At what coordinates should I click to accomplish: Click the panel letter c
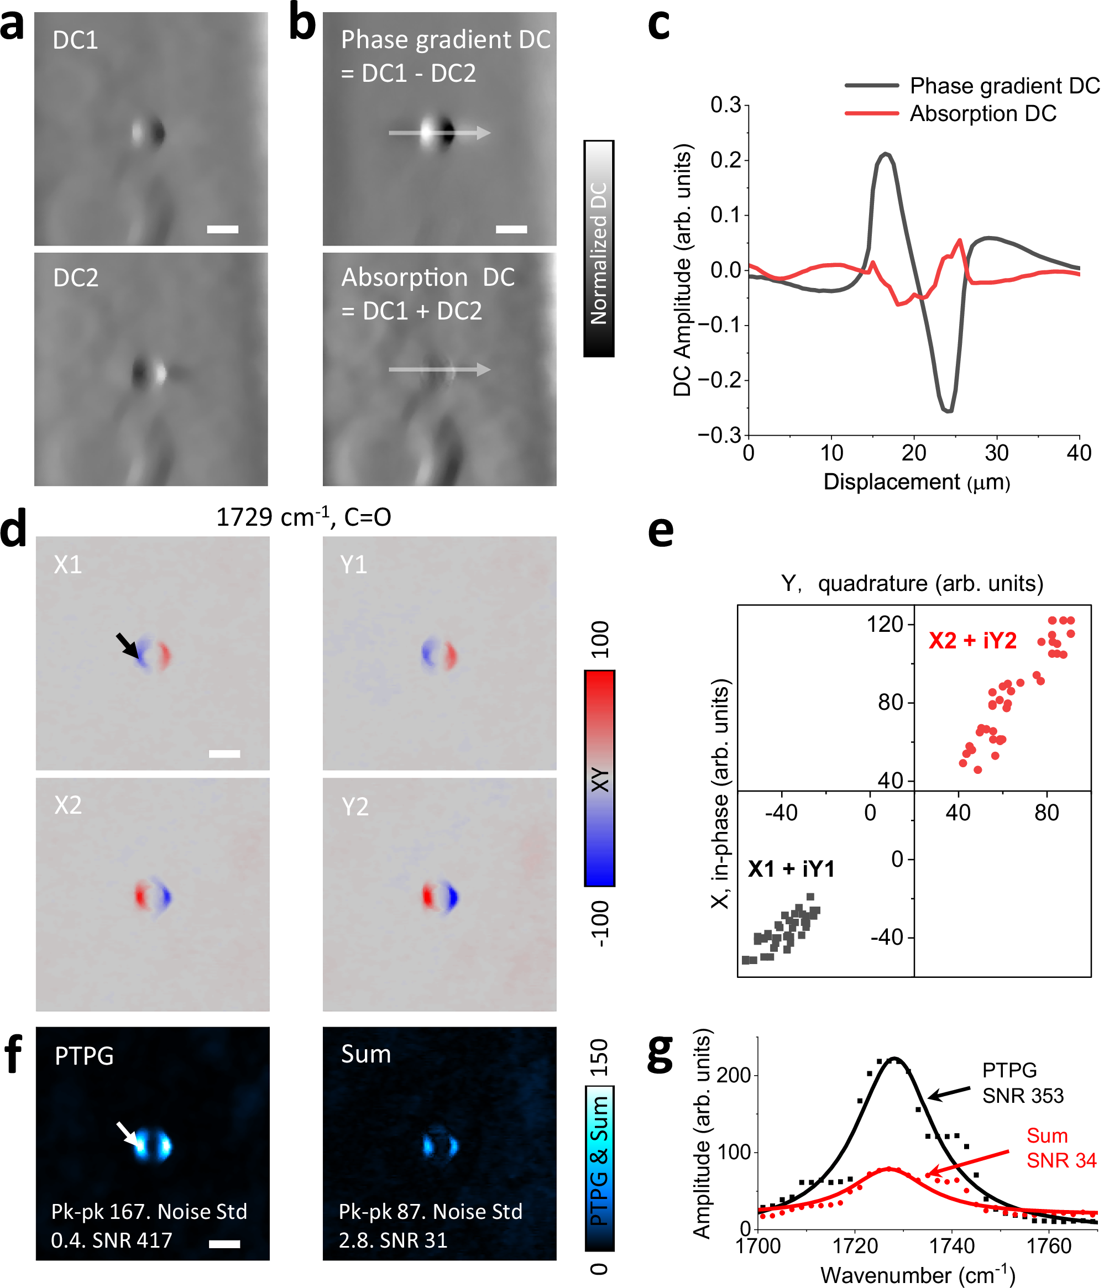click(x=658, y=25)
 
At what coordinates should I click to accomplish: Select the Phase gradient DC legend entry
click(x=1003, y=86)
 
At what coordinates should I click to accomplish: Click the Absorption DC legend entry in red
click(x=982, y=114)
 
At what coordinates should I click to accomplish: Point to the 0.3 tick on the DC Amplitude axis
click(x=725, y=105)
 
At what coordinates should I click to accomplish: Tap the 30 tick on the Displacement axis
click(x=996, y=453)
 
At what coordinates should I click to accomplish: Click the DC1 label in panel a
click(x=75, y=40)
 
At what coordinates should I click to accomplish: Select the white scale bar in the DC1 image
click(x=222, y=229)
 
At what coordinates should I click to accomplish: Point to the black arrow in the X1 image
click(x=128, y=645)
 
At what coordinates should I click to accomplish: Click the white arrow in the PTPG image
click(x=129, y=1133)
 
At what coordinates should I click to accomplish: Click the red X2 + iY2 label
click(x=972, y=640)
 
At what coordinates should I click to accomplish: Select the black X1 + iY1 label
click(x=791, y=868)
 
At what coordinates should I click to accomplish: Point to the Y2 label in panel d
click(x=355, y=806)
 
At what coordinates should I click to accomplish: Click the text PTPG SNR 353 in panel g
click(x=1022, y=1082)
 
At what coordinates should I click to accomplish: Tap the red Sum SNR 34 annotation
click(x=1060, y=1148)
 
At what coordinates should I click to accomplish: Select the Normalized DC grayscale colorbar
click(x=598, y=249)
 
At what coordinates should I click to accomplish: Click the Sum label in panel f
click(x=365, y=1054)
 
